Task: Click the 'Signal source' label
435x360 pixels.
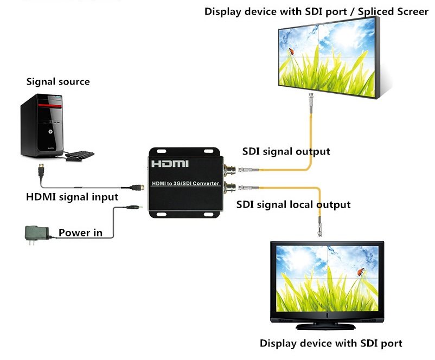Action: (58, 82)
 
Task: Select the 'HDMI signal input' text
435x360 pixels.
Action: (72, 196)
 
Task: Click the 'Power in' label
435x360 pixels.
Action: (80, 233)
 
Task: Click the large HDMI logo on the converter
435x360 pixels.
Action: (169, 163)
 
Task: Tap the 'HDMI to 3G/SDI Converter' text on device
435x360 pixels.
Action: (184, 183)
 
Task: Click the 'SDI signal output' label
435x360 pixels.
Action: (286, 151)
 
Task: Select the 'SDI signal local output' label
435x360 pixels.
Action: (293, 204)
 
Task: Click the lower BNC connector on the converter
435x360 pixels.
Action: (230, 188)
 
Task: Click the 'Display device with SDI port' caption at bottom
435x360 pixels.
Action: (331, 343)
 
